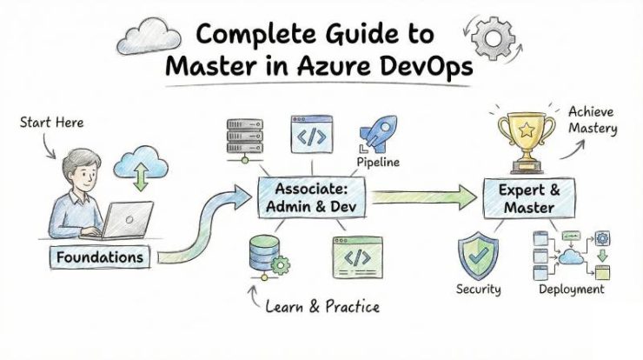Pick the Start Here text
click(x=53, y=123)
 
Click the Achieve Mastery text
click(x=593, y=120)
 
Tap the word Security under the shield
click(x=480, y=290)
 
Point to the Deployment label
click(x=571, y=290)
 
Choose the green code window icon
click(x=356, y=258)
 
